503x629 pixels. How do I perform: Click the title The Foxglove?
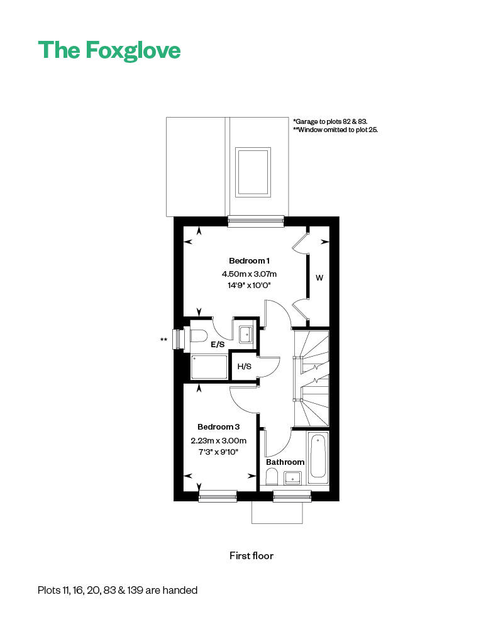tap(109, 50)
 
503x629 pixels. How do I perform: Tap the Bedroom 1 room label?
tap(249, 261)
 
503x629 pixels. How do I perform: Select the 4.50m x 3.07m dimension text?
tap(249, 274)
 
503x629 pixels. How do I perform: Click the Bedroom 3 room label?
tap(218, 426)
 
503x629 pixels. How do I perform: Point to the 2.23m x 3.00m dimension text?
tap(218, 440)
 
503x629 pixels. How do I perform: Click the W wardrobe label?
tap(319, 277)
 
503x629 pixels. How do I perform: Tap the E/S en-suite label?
tap(218, 345)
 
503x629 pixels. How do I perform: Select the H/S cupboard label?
tap(244, 367)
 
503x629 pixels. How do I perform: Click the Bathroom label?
tap(285, 462)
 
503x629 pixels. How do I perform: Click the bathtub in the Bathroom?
tap(318, 457)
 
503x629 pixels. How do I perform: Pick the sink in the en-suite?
tap(246, 333)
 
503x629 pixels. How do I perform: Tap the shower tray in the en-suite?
tap(209, 367)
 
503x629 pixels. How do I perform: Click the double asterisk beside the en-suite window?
tap(164, 340)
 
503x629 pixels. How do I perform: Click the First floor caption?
tap(251, 555)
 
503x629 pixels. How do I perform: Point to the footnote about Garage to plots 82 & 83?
tap(330, 121)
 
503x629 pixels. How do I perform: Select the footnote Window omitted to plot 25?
tap(335, 130)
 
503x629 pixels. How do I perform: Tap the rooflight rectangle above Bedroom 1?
tap(253, 172)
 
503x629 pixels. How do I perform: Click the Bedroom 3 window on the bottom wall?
tap(218, 497)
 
